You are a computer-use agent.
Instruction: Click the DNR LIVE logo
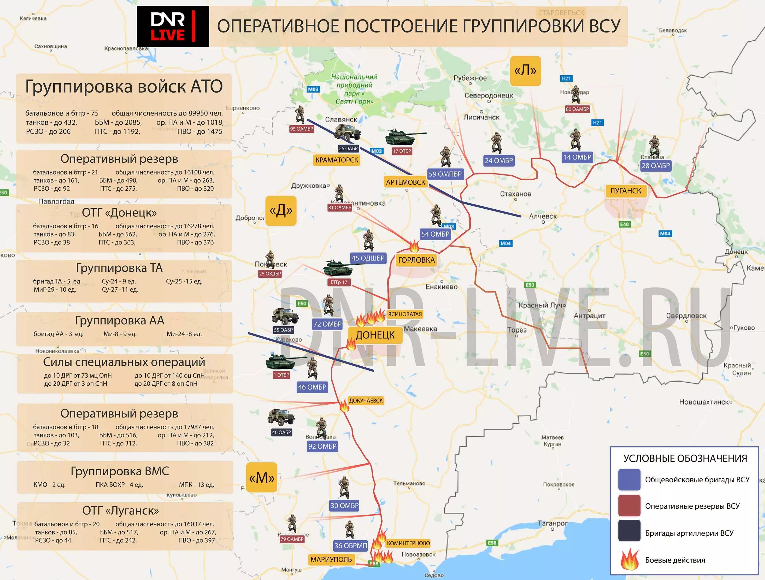(x=173, y=26)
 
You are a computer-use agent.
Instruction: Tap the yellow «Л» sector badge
(x=525, y=71)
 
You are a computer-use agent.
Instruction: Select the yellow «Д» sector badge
(x=281, y=211)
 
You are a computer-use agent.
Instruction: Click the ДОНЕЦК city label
(x=375, y=335)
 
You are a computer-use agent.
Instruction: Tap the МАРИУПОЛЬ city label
(x=331, y=559)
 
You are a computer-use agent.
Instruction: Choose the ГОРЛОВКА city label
(x=416, y=260)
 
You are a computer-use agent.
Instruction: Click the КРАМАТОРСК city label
(x=337, y=160)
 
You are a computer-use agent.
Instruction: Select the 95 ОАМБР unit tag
(x=302, y=129)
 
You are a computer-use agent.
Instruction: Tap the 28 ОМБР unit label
(x=656, y=166)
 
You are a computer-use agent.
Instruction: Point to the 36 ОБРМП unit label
(x=351, y=545)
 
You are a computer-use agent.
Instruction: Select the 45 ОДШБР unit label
(x=368, y=258)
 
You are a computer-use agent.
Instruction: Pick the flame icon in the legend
(x=629, y=560)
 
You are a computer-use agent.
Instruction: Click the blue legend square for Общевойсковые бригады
(x=629, y=480)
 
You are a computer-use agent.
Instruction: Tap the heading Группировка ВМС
(x=120, y=471)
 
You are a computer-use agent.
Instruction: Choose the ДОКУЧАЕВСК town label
(x=366, y=401)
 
